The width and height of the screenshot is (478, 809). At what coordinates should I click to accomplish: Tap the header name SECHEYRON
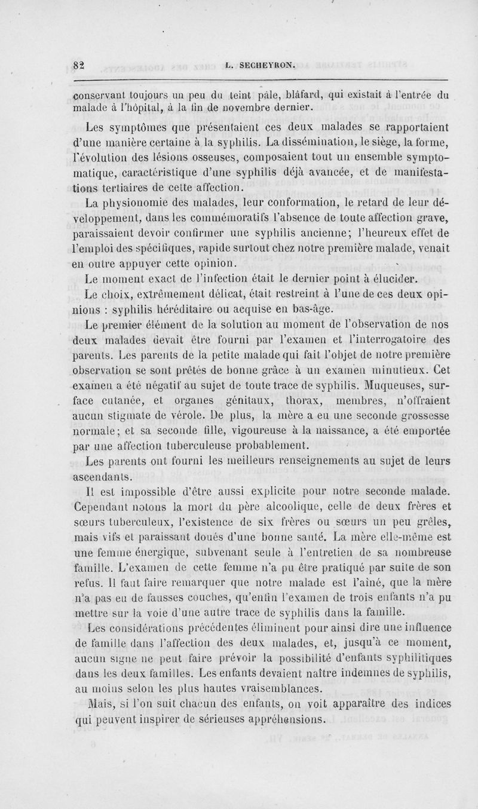[x=266, y=68]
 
